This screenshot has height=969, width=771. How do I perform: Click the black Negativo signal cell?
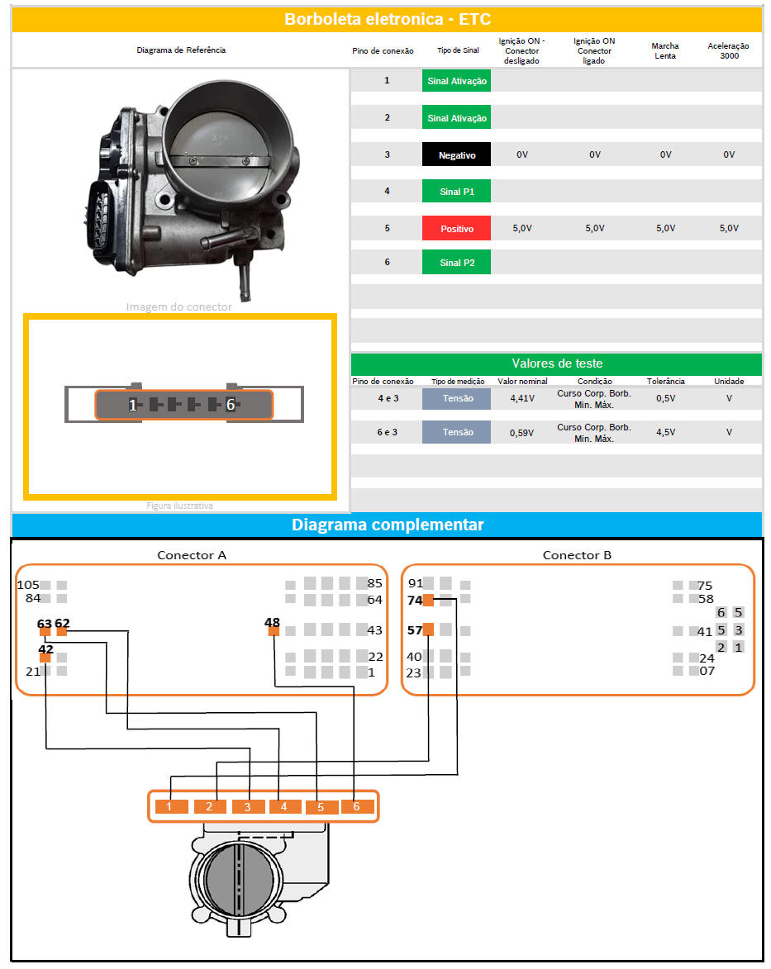[x=456, y=154]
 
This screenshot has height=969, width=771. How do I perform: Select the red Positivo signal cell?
[x=456, y=228]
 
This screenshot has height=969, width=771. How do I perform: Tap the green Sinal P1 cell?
[x=456, y=192]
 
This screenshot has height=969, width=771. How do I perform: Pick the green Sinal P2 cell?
[x=456, y=262]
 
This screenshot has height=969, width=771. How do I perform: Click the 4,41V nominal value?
[x=522, y=399]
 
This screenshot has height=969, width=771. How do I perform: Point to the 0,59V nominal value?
[x=521, y=433]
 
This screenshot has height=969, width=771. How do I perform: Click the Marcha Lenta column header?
[x=665, y=50]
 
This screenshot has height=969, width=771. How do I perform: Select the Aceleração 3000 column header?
[x=728, y=50]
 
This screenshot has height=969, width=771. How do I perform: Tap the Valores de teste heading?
[x=557, y=363]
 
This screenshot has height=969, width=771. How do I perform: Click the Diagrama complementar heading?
[x=388, y=525]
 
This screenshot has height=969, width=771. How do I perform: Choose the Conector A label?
[x=192, y=555]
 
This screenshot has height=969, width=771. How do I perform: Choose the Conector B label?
[x=577, y=555]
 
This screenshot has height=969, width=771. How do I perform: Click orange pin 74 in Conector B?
[x=428, y=600]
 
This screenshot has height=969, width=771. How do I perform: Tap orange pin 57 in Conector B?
[x=428, y=629]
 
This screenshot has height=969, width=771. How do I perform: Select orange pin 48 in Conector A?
[x=274, y=631]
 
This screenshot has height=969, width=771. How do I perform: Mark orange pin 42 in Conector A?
[x=45, y=658]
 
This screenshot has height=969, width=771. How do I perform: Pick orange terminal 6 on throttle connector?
[x=358, y=806]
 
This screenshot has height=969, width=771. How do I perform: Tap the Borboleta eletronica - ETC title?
[x=388, y=19]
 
